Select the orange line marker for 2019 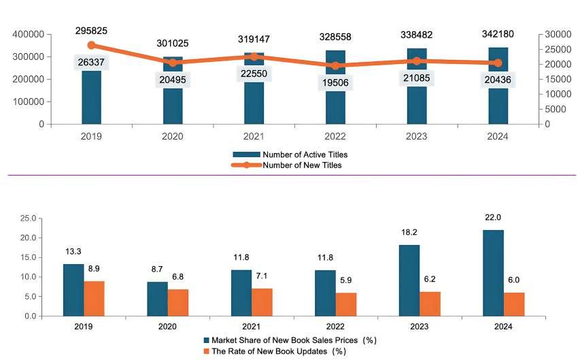tap(92, 46)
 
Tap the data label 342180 tap(498, 35)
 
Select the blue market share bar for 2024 tap(494, 273)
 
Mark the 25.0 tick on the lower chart tap(26, 218)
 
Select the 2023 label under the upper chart tap(417, 136)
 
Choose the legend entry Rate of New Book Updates tap(279, 351)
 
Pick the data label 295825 tap(92, 31)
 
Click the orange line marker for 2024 tap(498, 63)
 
